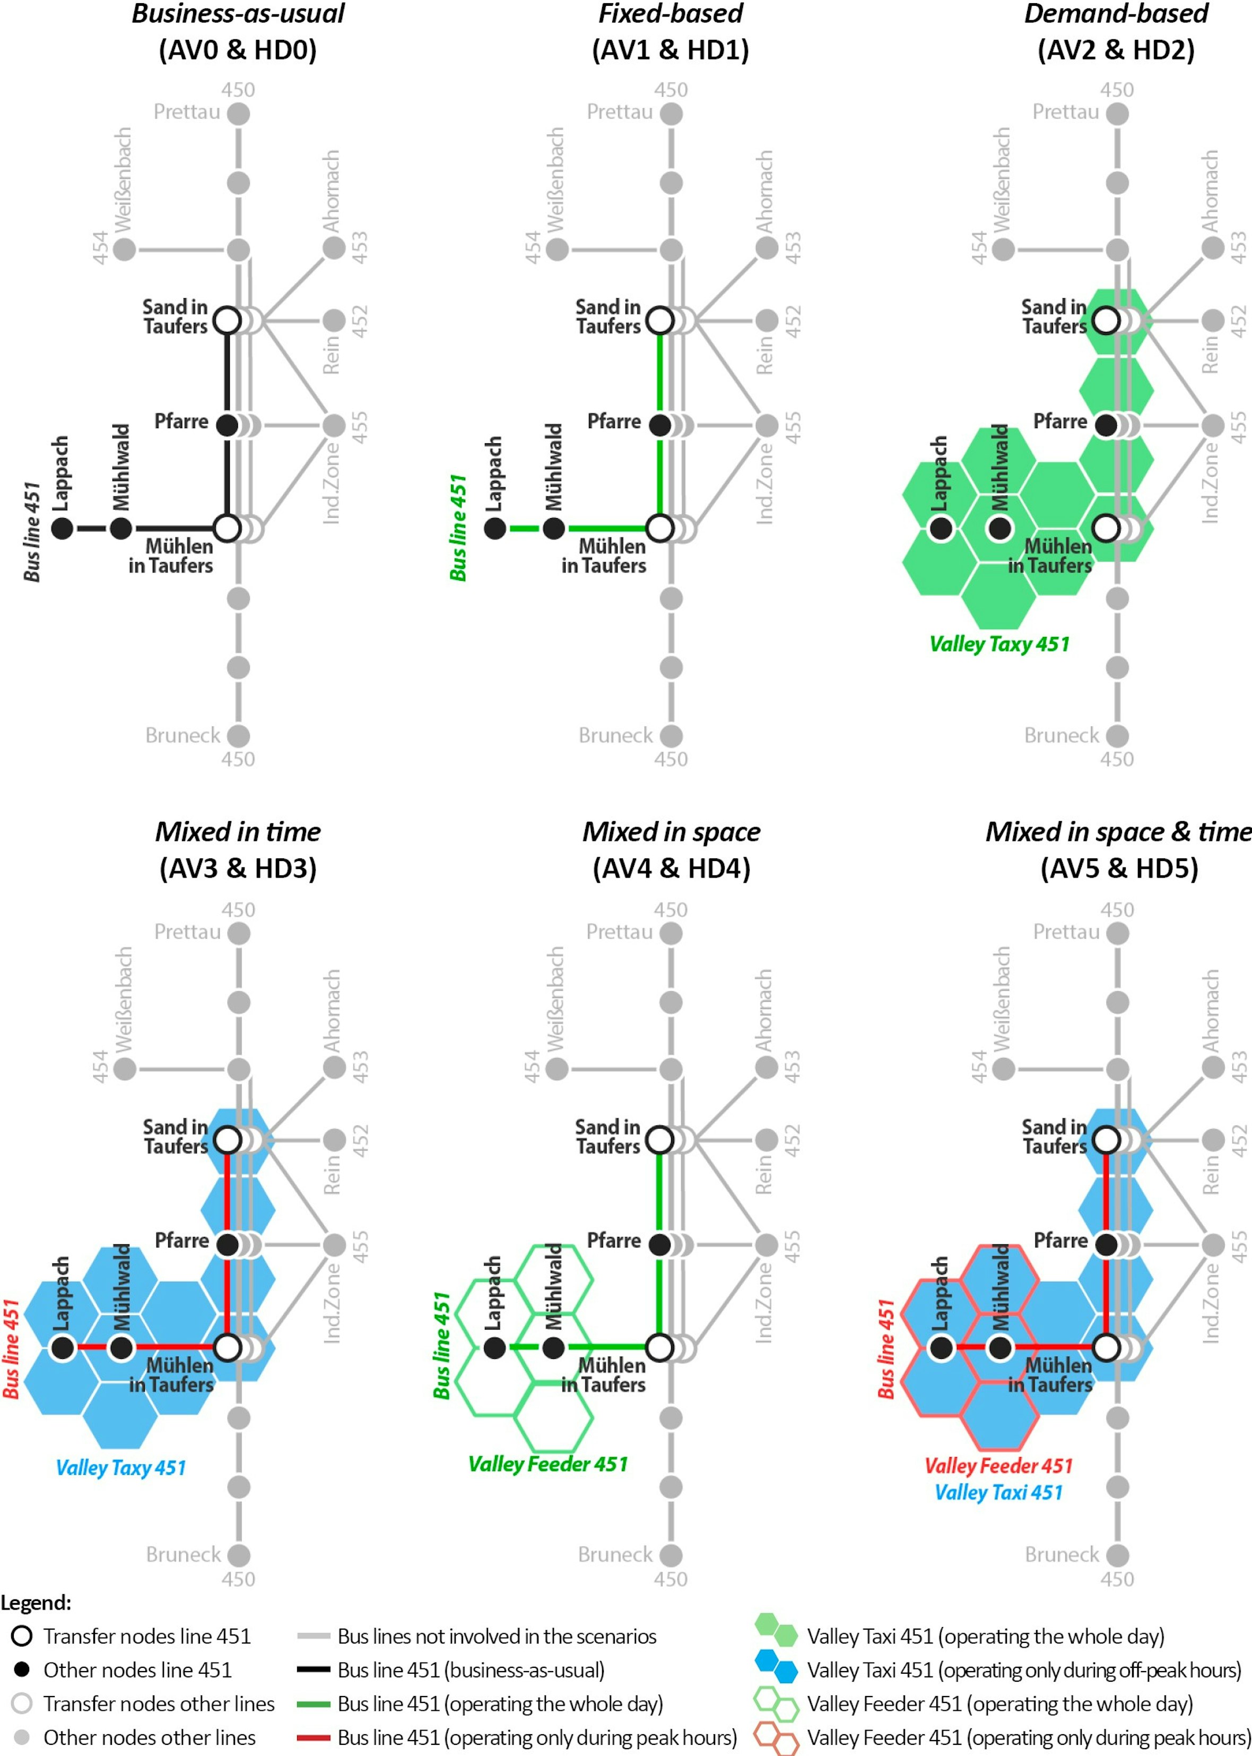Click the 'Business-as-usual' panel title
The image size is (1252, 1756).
click(x=238, y=14)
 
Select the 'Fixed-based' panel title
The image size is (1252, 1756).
click(x=671, y=14)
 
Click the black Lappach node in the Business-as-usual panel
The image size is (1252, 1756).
click(x=63, y=528)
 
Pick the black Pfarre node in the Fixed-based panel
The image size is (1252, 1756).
click(x=660, y=424)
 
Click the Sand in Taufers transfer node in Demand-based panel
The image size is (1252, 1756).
click(x=1106, y=320)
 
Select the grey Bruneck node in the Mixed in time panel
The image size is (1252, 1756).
click(x=239, y=1555)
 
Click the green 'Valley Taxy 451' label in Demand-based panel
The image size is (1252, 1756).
click(x=1000, y=644)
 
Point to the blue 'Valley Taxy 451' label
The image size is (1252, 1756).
click(x=121, y=1468)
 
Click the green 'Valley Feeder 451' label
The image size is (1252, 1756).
click(x=548, y=1464)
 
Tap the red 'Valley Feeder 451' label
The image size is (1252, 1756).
click(x=998, y=1465)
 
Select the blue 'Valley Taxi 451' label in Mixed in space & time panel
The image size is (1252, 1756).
click(x=998, y=1492)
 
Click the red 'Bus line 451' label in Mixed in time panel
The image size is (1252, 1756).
click(x=11, y=1349)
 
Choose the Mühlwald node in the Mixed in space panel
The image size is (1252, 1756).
click(x=553, y=1348)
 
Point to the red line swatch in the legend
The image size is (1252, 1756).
click(x=314, y=1737)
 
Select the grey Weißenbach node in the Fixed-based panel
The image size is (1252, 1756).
click(x=558, y=249)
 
